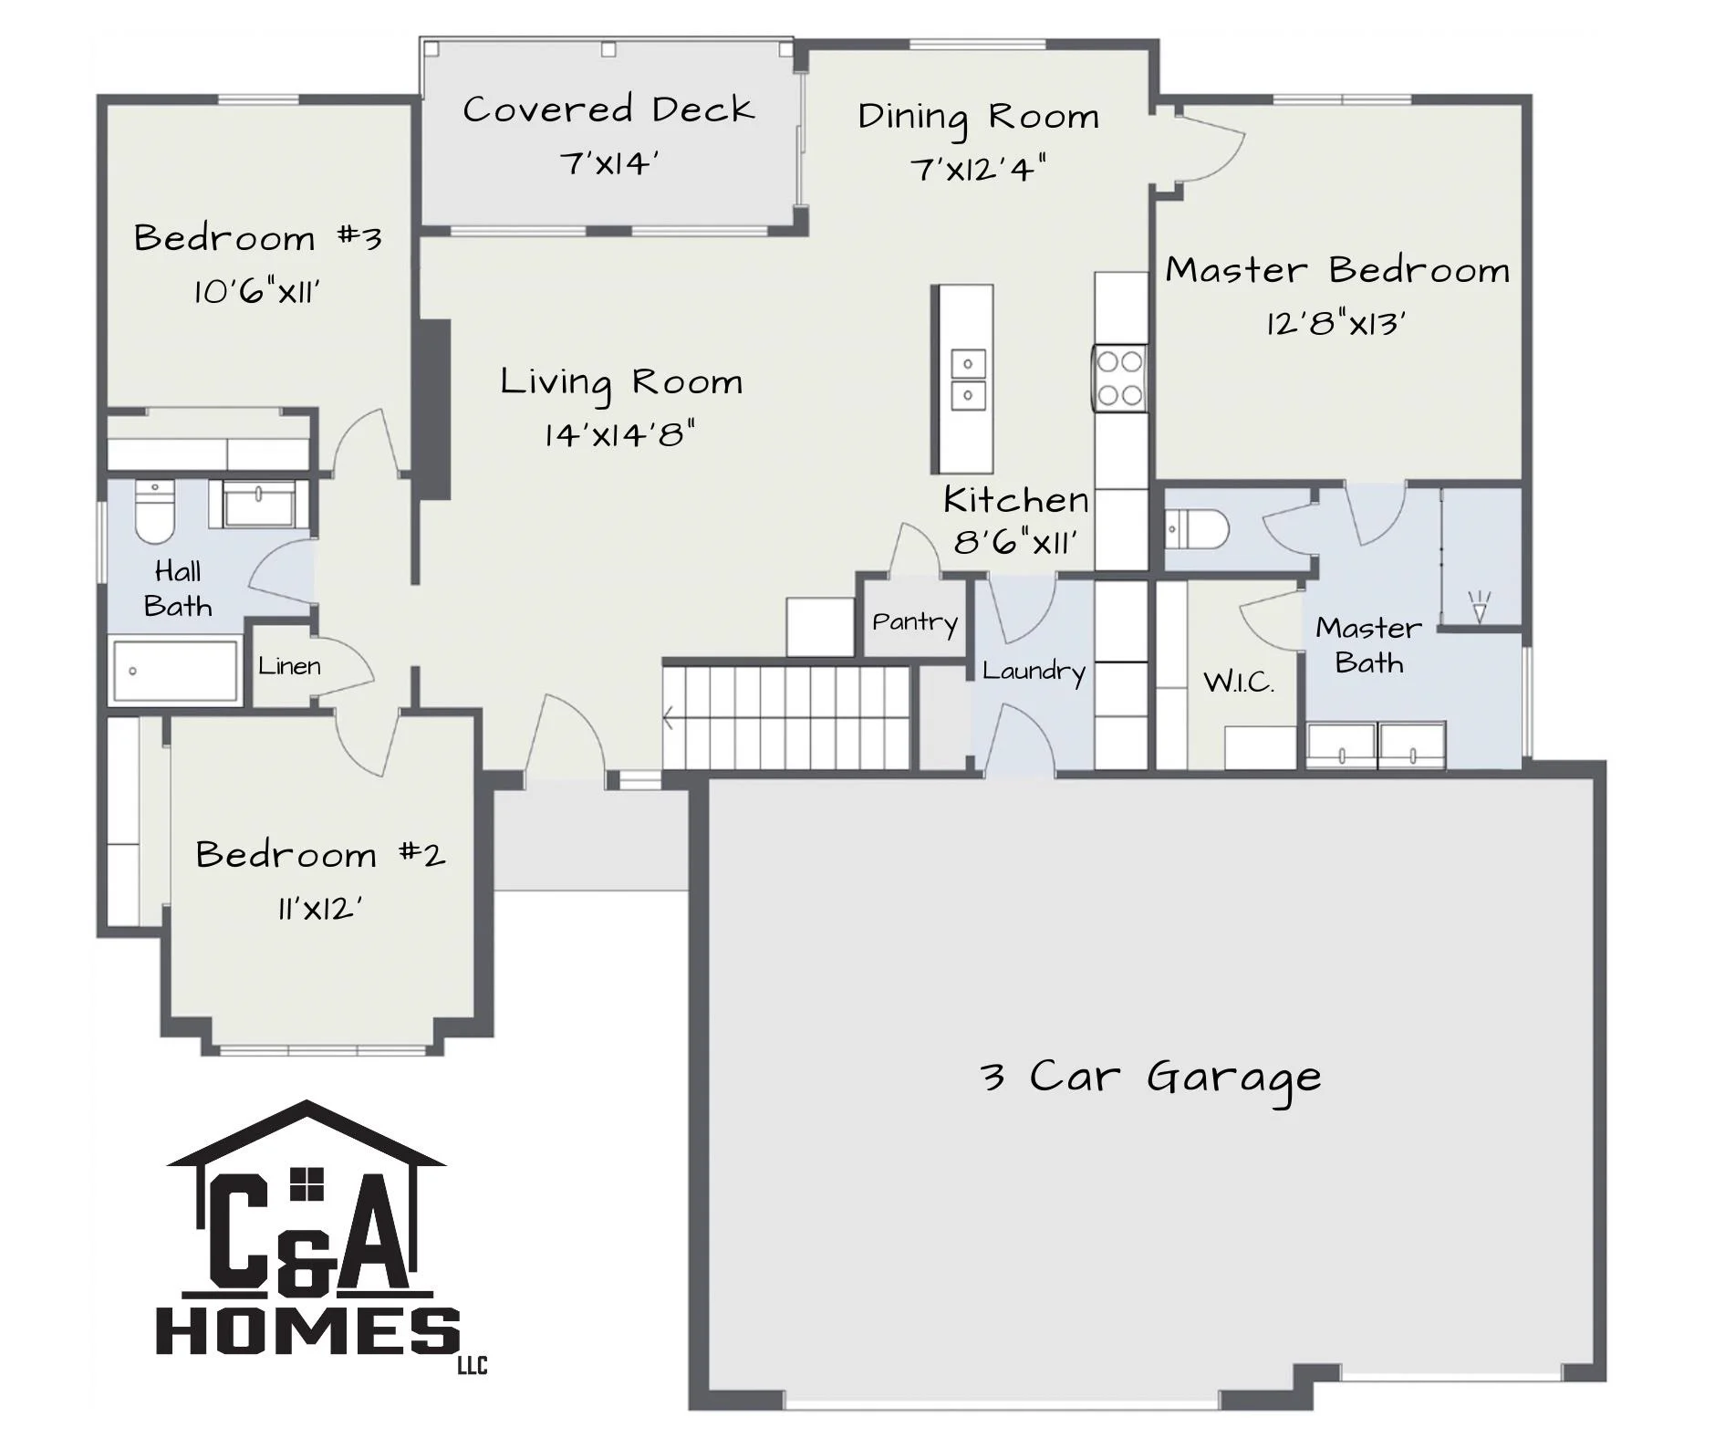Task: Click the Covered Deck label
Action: [608, 109]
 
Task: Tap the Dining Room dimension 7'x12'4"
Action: [978, 169]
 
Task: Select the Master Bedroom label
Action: [1337, 270]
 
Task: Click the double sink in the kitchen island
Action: [968, 379]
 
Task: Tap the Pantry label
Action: [915, 623]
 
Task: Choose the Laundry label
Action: [1034, 672]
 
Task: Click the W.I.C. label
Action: [1239, 682]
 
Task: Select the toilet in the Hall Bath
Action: [154, 512]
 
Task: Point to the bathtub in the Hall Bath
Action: [174, 672]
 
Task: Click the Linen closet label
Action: [289, 666]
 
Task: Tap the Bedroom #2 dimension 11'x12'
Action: [320, 910]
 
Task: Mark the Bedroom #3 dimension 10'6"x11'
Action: [256, 293]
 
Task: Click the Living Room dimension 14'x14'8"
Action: [620, 434]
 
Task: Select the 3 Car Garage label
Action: [1150, 1078]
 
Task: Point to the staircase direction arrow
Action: [669, 719]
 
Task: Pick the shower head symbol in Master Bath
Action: [1479, 606]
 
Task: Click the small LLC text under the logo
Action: [473, 1366]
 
